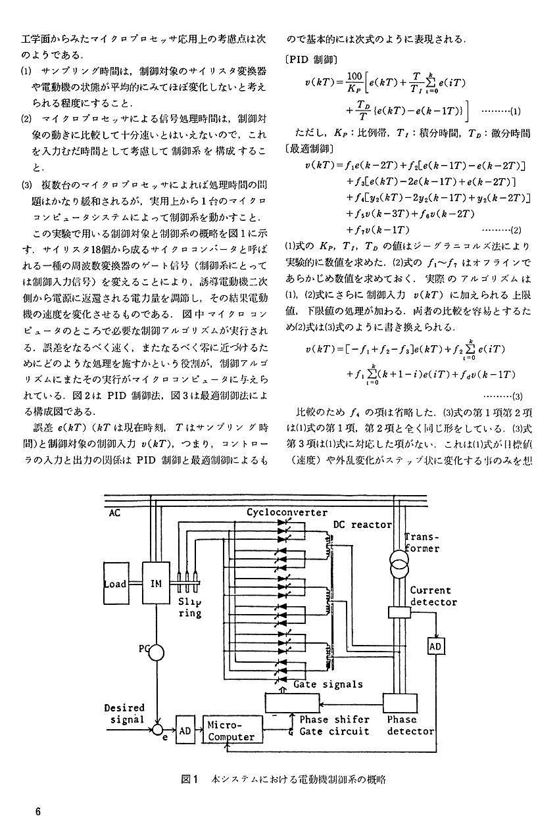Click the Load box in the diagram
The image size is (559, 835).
coord(116,583)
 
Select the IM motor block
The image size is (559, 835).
coord(156,583)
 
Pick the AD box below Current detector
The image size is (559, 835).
coord(435,646)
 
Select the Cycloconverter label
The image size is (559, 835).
coord(287,512)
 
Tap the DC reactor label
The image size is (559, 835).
coord(362,525)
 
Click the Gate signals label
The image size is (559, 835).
coord(328,684)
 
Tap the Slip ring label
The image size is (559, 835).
coord(190,608)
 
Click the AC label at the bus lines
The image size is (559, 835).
coord(115,513)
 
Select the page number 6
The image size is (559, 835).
coord(37,811)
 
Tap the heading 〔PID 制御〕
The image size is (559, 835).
coord(311,60)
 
